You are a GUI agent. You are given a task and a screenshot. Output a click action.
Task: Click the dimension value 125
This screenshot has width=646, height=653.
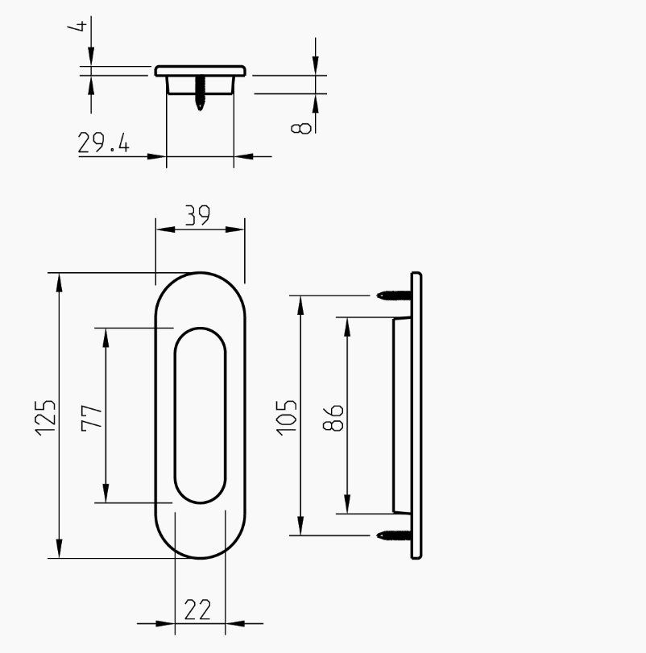(x=46, y=415)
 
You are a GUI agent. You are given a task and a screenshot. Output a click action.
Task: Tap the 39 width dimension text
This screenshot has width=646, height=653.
(x=197, y=215)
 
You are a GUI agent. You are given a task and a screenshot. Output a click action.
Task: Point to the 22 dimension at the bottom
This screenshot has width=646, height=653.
(x=197, y=610)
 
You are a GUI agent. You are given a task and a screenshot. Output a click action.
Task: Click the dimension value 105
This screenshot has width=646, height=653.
(x=288, y=415)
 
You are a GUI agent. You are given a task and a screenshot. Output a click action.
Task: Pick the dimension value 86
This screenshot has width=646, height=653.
(x=334, y=415)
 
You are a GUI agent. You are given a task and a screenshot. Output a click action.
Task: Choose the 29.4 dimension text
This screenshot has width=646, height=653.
(x=103, y=143)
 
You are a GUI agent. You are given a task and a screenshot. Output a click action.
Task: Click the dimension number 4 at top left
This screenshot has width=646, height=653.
(x=79, y=27)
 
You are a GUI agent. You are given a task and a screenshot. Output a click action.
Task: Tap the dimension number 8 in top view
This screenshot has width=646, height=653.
(x=305, y=126)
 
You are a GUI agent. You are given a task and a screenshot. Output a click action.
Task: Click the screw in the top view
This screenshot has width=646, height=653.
(x=200, y=94)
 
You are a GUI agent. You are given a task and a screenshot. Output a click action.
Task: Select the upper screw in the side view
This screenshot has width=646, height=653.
(x=394, y=296)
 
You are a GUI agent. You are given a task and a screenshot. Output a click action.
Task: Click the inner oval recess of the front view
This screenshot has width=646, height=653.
(x=200, y=415)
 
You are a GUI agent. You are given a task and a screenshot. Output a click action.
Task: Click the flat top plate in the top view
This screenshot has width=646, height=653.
(x=200, y=71)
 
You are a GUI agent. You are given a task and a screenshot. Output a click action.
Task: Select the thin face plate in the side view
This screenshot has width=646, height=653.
(x=416, y=415)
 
